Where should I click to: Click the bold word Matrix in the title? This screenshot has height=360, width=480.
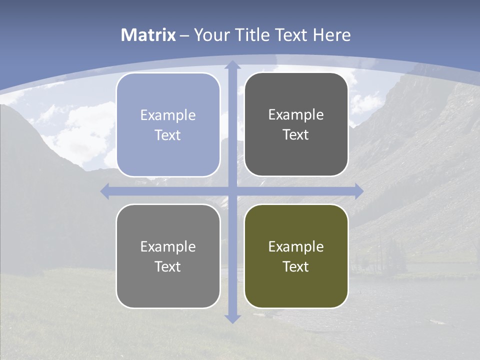[148, 35]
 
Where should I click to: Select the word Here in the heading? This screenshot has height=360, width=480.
[331, 35]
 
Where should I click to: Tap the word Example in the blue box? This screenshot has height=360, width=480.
[168, 115]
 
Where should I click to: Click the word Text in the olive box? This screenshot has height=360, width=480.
[296, 266]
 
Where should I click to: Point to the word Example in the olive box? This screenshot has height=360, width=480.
[296, 246]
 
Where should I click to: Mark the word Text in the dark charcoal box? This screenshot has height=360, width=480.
[296, 134]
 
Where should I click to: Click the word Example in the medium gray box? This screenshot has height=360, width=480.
[168, 246]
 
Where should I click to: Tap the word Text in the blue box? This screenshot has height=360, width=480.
[168, 135]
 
